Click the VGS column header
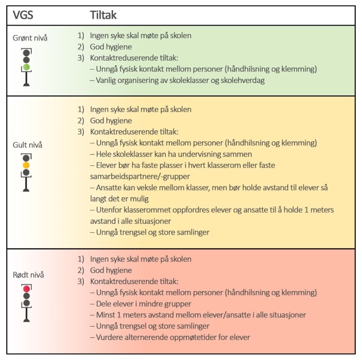[23, 15]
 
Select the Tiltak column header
[103, 15]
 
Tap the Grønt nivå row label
[30, 38]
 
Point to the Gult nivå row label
[27, 145]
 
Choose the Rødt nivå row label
[28, 275]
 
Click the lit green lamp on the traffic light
[26, 67]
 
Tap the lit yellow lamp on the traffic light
[26, 165]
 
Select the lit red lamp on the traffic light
[27, 289]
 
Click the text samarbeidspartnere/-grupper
[140, 177]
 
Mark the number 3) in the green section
[81, 58]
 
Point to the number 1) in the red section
[81, 259]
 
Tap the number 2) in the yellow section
[81, 121]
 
